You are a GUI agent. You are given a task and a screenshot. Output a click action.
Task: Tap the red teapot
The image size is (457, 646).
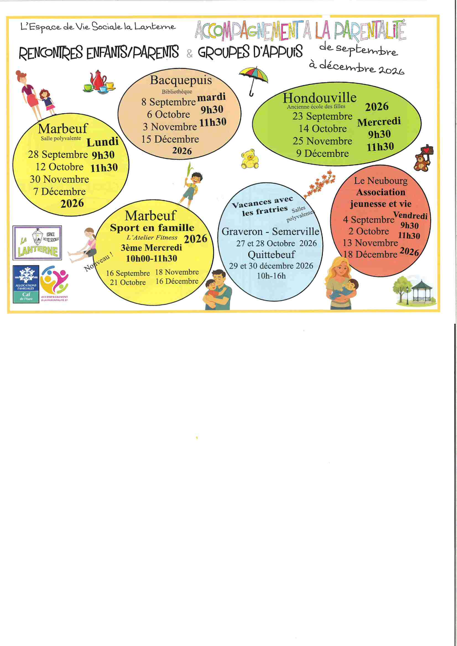pyautogui.click(x=97, y=80)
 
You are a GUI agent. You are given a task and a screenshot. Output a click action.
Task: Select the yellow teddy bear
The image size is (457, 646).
pyautogui.click(x=249, y=159)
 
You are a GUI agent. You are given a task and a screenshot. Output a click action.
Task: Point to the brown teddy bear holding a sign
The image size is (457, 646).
pyautogui.click(x=423, y=158)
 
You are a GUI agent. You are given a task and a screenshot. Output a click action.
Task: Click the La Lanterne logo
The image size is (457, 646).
pyautogui.click(x=37, y=243)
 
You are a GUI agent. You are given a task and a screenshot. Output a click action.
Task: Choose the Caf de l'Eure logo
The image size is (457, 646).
pyautogui.click(x=26, y=284)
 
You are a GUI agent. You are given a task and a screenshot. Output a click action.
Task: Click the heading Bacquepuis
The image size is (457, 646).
pyautogui.click(x=181, y=80)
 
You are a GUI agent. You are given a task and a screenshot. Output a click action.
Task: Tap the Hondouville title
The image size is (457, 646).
pyautogui.click(x=319, y=98)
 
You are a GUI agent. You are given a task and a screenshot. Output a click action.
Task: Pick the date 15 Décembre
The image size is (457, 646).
pyautogui.click(x=170, y=139)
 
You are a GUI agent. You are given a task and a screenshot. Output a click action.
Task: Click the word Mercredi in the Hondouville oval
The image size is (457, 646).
pyautogui.click(x=379, y=122)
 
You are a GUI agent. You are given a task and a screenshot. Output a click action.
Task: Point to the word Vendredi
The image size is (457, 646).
pyautogui.click(x=410, y=216)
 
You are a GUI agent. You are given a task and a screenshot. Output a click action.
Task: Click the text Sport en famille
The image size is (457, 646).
pyautogui.click(x=152, y=228)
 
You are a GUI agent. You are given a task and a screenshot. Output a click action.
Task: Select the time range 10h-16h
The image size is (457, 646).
pyautogui.click(x=271, y=276)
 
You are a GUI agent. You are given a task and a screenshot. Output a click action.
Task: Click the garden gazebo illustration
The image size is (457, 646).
pyautogui.click(x=421, y=292)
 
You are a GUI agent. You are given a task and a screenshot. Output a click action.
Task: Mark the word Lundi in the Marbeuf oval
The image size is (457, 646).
pyautogui.click(x=103, y=142)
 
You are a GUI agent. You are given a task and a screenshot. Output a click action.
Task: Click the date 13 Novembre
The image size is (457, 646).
pyautogui.click(x=370, y=243)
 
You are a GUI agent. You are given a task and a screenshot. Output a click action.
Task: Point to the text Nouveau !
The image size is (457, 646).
pyautogui.click(x=99, y=262)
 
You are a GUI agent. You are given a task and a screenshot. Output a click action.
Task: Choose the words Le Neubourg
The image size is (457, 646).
pyautogui.click(x=381, y=181)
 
